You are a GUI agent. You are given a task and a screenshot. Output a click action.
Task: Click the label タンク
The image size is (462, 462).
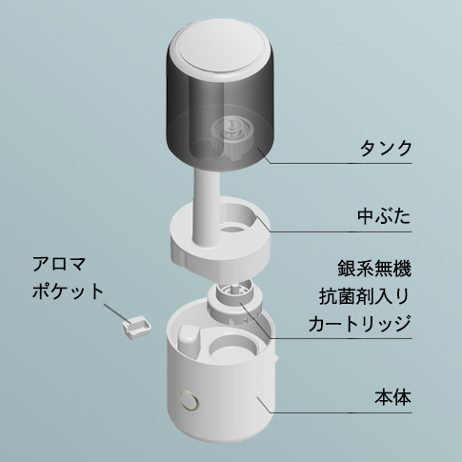coord(386,149)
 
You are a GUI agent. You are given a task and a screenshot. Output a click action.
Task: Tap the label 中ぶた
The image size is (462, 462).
coord(384,216)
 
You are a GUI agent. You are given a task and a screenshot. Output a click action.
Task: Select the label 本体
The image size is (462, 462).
coord(392,397)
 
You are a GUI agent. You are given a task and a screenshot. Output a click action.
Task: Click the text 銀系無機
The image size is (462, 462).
coord(374,269)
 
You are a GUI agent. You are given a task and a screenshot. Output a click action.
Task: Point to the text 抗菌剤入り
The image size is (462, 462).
coord(364,296)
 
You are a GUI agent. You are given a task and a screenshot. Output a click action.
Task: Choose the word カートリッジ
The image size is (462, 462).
coord(360,323)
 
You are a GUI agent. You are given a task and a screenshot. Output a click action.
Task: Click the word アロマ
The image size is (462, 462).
coord(59,264)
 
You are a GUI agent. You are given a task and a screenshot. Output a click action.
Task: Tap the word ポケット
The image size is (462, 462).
coord(69,291)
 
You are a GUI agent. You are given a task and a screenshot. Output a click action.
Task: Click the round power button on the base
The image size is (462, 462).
coord(190,399)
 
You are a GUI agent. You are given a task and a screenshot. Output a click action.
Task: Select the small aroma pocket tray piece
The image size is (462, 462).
coord(135,328)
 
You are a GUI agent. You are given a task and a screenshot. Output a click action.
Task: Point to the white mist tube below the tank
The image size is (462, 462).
coord(205,207)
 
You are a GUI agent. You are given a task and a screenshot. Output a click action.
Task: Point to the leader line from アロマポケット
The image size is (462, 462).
coord(116,313)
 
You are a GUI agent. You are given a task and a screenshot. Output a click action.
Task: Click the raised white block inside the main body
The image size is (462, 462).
coord(188,339)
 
